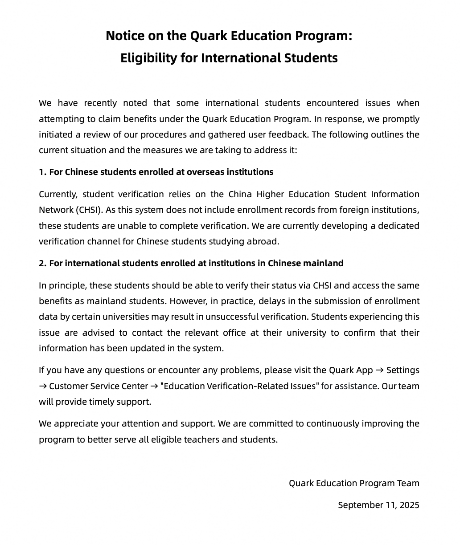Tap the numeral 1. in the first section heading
point(42,172)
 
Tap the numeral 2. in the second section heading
point(42,263)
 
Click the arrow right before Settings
point(380,370)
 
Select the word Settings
point(402,370)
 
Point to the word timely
point(102,402)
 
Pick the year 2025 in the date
point(409,505)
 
